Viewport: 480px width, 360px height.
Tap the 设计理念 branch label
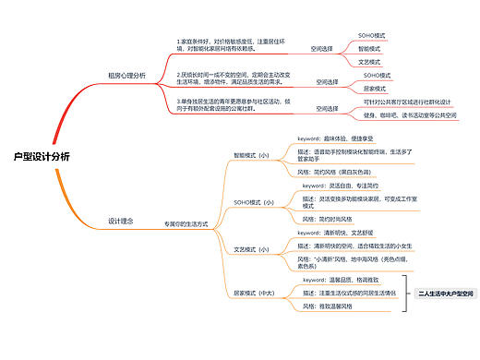121,221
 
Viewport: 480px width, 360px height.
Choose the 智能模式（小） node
251,156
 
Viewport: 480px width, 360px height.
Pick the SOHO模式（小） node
254,201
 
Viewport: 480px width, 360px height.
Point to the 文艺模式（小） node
251,249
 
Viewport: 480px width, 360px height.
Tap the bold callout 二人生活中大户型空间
446,293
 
